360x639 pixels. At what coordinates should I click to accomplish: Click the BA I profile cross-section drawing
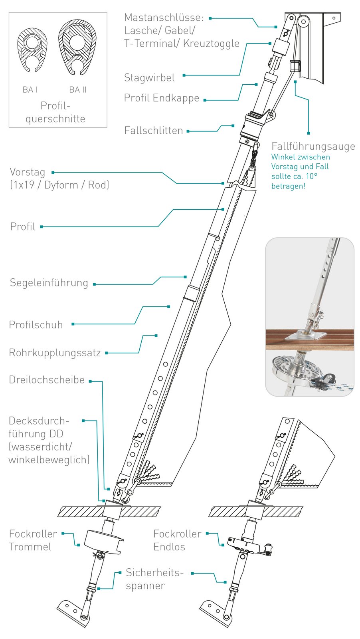click(x=32, y=50)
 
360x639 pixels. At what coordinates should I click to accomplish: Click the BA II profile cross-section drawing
click(x=77, y=48)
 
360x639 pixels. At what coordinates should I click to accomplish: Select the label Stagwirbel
click(x=149, y=77)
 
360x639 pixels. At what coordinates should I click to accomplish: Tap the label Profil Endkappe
click(x=161, y=98)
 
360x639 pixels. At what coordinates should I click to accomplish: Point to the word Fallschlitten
click(x=153, y=131)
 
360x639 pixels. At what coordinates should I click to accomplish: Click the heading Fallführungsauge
click(x=313, y=146)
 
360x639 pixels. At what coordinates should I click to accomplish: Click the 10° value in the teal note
click(x=311, y=176)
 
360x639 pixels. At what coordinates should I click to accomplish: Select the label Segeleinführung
click(x=49, y=283)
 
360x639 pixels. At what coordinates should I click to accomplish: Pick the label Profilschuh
click(x=36, y=325)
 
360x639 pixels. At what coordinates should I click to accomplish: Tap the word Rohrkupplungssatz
click(x=55, y=353)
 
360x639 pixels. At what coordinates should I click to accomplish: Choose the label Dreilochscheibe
click(x=47, y=380)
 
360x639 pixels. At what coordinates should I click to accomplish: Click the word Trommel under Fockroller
click(x=30, y=547)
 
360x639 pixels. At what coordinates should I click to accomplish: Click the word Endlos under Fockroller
click(x=169, y=547)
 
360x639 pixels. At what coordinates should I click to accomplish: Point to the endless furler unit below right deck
click(x=247, y=545)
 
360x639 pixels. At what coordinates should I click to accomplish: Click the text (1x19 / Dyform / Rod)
click(x=59, y=185)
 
